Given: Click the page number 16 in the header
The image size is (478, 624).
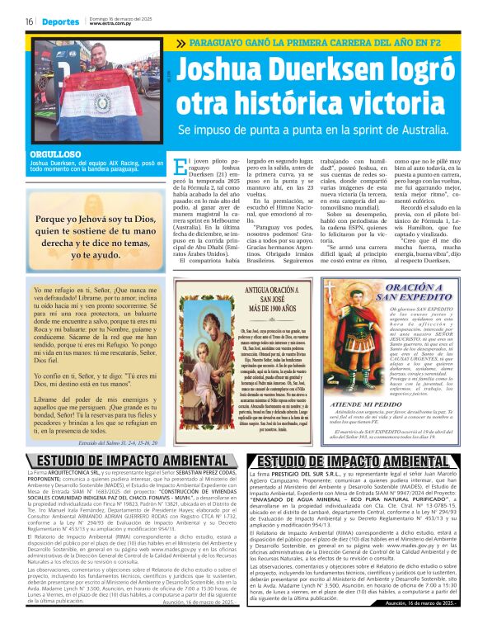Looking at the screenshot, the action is [29, 21].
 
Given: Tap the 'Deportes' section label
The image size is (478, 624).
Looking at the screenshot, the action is [61, 21].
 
